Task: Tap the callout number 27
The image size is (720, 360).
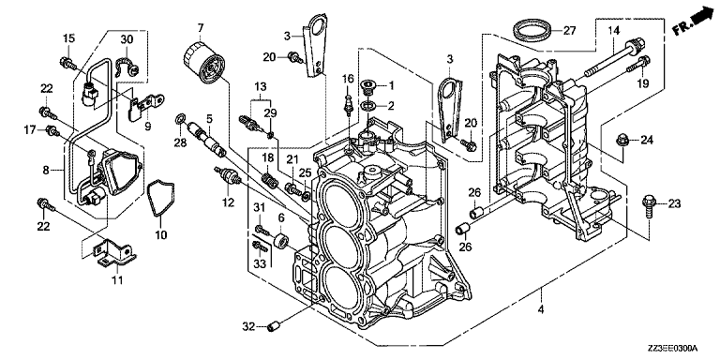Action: point(569,31)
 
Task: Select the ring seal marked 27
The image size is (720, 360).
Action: point(532,32)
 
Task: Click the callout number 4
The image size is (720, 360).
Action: point(540,309)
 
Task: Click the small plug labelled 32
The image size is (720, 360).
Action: point(274,327)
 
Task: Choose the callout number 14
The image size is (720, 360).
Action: point(614,31)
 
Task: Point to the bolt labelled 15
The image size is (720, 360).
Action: point(67,63)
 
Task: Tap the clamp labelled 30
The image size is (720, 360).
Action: point(128,67)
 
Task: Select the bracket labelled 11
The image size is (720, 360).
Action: point(112,254)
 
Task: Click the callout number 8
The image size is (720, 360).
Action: point(45,171)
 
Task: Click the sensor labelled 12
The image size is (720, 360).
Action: point(228,176)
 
